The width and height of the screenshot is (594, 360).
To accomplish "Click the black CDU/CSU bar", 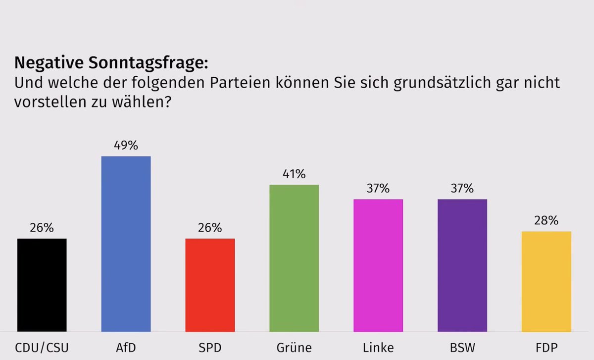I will point(42,285).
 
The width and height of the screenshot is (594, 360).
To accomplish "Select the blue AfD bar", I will point(126,244).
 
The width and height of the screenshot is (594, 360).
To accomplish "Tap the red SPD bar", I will point(210,285).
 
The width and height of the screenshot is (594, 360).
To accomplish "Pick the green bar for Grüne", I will point(294,258).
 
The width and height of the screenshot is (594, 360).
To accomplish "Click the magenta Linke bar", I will point(378,265).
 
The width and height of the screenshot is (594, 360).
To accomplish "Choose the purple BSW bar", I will point(462,265).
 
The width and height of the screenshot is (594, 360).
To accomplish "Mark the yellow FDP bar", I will point(546,281).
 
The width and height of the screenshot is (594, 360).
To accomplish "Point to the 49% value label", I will point(126,146).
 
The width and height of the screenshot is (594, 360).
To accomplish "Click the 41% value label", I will point(294,174).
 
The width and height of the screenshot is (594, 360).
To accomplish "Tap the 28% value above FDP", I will point(546,221).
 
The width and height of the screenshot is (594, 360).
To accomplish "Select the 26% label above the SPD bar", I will point(210,228).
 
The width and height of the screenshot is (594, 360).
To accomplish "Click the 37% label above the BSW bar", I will point(462,189).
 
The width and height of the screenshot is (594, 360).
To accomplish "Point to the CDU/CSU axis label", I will point(42,347).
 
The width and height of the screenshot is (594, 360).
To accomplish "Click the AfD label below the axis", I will point(126,347).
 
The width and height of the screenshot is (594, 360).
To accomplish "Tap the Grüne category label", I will point(294,347).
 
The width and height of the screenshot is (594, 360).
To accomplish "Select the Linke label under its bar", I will point(378,347).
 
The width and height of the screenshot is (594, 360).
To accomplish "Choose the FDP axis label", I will point(546,347).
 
